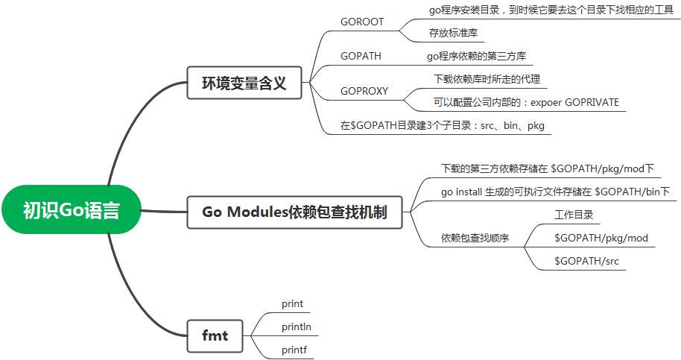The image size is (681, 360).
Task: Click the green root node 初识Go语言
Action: point(71,210)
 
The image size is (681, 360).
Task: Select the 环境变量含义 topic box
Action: point(244,83)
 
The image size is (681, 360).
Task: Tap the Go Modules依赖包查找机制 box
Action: point(294,211)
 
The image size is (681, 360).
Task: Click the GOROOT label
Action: point(362,22)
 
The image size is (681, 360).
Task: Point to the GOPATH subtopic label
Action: point(361,56)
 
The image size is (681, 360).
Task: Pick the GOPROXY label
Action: point(364,91)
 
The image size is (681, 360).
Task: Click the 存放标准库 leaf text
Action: point(453,33)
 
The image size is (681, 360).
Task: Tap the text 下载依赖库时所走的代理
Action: point(487,79)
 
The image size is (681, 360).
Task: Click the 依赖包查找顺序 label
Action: point(475,238)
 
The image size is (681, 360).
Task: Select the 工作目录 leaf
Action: point(573,215)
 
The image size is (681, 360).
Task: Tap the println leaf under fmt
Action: point(297,326)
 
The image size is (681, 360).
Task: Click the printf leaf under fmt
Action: point(294,349)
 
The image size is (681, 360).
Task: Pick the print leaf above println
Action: point(292,303)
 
